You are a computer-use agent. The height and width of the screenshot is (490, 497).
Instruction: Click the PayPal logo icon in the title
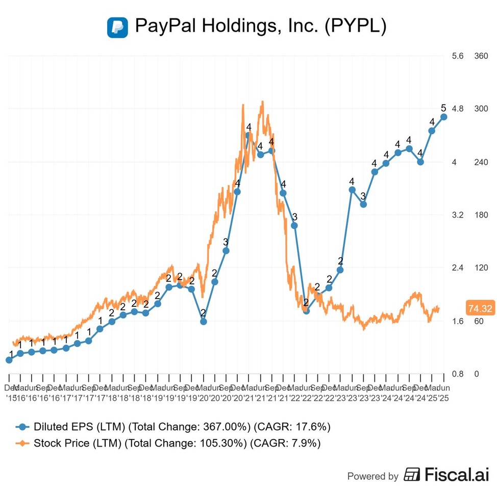117,27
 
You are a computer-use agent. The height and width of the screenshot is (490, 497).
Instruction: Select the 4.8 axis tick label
457,109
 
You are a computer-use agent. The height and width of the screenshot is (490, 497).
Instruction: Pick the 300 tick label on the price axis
482,109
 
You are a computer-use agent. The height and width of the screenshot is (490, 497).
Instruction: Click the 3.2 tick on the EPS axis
457,215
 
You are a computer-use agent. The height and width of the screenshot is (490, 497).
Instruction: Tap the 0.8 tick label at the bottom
457,374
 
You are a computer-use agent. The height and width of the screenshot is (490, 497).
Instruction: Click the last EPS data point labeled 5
444,117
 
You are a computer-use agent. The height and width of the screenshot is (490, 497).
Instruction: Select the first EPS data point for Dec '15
9,360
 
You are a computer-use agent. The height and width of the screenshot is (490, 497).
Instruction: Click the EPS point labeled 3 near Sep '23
363,204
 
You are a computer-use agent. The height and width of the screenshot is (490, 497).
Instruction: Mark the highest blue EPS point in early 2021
248,135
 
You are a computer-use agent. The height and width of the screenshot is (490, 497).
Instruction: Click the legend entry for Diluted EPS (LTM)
82,427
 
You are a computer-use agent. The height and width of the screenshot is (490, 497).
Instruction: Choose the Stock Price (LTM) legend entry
78,443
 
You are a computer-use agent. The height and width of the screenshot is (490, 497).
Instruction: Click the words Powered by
372,476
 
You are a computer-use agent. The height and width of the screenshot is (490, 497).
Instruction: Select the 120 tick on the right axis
482,268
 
